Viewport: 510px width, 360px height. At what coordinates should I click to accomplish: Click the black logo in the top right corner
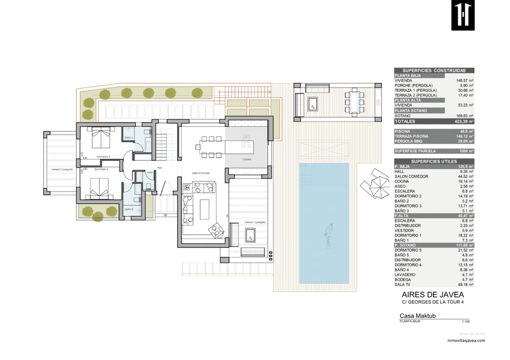click(x=463, y=16)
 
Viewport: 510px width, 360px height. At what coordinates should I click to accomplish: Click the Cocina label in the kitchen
click(x=247, y=159)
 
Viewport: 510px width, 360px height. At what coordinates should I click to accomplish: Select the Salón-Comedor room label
click(x=201, y=173)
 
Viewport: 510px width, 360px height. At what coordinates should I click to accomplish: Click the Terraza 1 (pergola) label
click(x=255, y=222)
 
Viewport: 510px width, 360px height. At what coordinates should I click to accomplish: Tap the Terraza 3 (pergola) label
click(x=62, y=169)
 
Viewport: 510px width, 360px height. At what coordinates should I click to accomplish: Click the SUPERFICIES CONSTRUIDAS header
click(x=434, y=70)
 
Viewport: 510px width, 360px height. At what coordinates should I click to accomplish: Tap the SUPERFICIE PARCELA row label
click(x=414, y=151)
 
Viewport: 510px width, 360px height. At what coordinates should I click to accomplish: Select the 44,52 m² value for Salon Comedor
click(x=465, y=176)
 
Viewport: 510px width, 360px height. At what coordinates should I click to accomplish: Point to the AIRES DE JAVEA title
click(x=433, y=295)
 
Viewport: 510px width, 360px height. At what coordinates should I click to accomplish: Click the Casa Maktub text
click(x=417, y=316)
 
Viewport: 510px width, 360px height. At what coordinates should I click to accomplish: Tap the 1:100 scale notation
click(x=465, y=322)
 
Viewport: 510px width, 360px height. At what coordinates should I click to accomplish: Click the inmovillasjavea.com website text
click(x=466, y=341)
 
